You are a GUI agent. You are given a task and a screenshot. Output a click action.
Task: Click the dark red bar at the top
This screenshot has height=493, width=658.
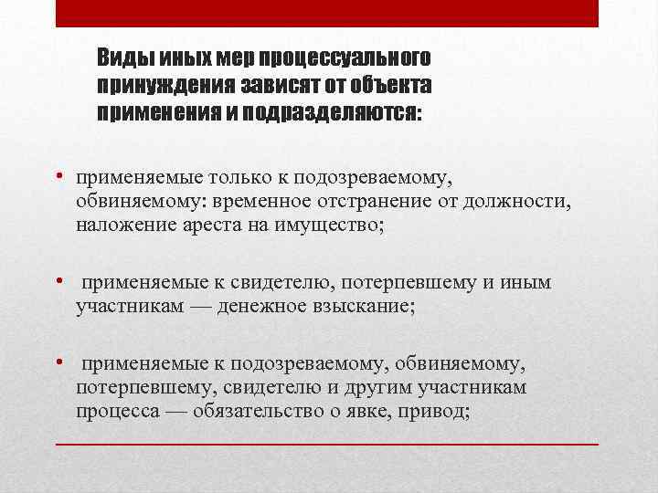(327, 13)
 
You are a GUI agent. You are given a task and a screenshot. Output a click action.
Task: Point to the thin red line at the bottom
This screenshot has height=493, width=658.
(327, 444)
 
